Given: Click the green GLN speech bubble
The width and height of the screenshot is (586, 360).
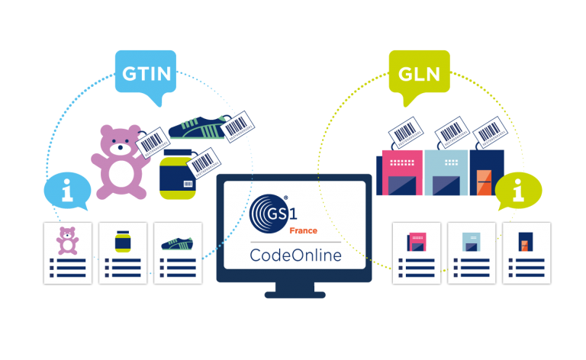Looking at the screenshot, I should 419,75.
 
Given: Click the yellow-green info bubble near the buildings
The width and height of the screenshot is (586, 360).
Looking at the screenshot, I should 519,191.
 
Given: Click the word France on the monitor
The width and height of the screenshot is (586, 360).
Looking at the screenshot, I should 303,230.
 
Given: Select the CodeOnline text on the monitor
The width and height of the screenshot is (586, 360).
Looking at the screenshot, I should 295,255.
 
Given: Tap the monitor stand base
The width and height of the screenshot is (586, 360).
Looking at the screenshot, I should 295,293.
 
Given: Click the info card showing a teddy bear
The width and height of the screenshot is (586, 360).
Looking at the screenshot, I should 68,253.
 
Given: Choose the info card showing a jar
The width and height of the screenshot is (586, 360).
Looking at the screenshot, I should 122,253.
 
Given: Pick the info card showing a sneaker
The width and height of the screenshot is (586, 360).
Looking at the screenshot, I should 178,253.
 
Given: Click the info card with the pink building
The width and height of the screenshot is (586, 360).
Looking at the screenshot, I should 417,253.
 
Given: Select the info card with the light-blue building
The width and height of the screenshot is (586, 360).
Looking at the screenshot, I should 472,253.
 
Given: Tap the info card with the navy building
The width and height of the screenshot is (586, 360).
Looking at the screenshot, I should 526,253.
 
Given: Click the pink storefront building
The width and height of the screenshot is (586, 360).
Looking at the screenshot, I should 401,173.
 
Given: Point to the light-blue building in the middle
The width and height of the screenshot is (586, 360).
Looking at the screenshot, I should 446,173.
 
